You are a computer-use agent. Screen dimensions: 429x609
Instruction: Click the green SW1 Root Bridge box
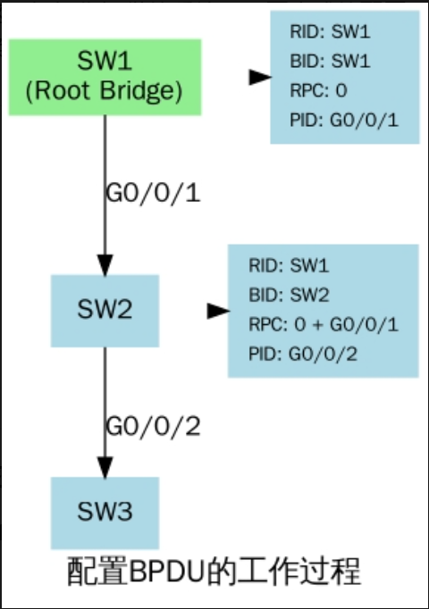[105, 78]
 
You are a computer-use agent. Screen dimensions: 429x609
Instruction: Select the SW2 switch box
[105, 311]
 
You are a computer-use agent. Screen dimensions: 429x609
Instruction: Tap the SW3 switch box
[105, 513]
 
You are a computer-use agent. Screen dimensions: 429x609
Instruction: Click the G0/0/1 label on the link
[153, 193]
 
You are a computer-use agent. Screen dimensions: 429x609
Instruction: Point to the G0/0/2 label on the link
[153, 426]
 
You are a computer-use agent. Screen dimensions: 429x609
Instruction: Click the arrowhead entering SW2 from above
[105, 265]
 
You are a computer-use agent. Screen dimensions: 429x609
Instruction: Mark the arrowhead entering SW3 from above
[105, 468]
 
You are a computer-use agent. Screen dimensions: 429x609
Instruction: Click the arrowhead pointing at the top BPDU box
[260, 77]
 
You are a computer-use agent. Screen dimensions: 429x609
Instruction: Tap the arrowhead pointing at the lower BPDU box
[218, 311]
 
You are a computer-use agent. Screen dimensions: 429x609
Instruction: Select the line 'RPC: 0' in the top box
[319, 90]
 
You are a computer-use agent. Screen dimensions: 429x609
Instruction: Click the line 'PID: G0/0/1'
[344, 120]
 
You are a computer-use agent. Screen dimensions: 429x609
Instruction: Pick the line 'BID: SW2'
[289, 295]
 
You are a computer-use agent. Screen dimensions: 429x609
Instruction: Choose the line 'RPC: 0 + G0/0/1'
[324, 324]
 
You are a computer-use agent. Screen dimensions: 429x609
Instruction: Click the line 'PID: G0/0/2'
[303, 354]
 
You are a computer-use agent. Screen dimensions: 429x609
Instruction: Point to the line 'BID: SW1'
[330, 61]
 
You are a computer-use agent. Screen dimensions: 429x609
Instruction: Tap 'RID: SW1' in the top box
[330, 31]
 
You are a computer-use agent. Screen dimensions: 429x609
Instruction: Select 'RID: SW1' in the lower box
[289, 266]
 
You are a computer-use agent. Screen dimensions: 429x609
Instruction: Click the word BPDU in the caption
[167, 571]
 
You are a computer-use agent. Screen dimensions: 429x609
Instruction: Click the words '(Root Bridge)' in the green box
[105, 91]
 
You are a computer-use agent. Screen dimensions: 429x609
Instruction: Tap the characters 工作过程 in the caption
[299, 571]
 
